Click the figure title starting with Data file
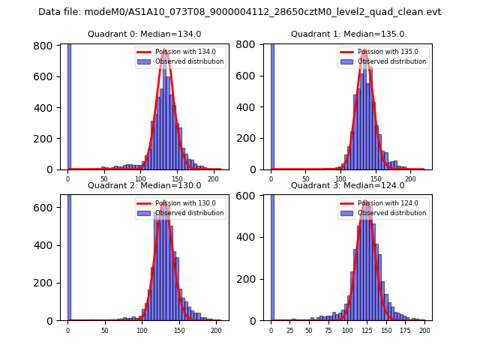click(x=239, y=12)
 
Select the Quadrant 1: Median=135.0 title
click(x=347, y=34)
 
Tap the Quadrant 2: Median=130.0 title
click(x=145, y=185)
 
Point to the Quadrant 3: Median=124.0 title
click(x=347, y=185)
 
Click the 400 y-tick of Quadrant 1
click(x=252, y=107)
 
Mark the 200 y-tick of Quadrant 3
click(x=253, y=278)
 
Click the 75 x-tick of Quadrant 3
click(x=328, y=330)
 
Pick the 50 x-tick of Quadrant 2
click(x=104, y=330)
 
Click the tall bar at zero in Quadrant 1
click(x=272, y=105)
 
